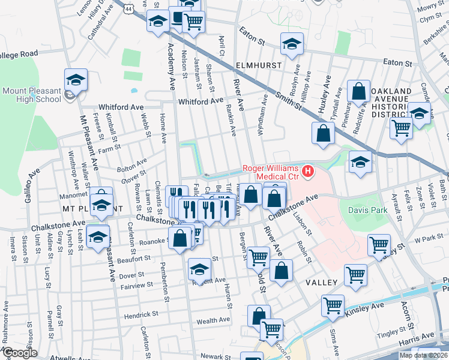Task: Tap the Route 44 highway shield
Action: pos(129,8)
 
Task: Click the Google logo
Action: pos(20,353)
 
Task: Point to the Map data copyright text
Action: pos(423,355)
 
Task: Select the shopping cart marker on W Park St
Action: pos(379,245)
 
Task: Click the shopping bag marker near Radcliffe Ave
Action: pos(359,91)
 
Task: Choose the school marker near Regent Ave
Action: pos(200,269)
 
